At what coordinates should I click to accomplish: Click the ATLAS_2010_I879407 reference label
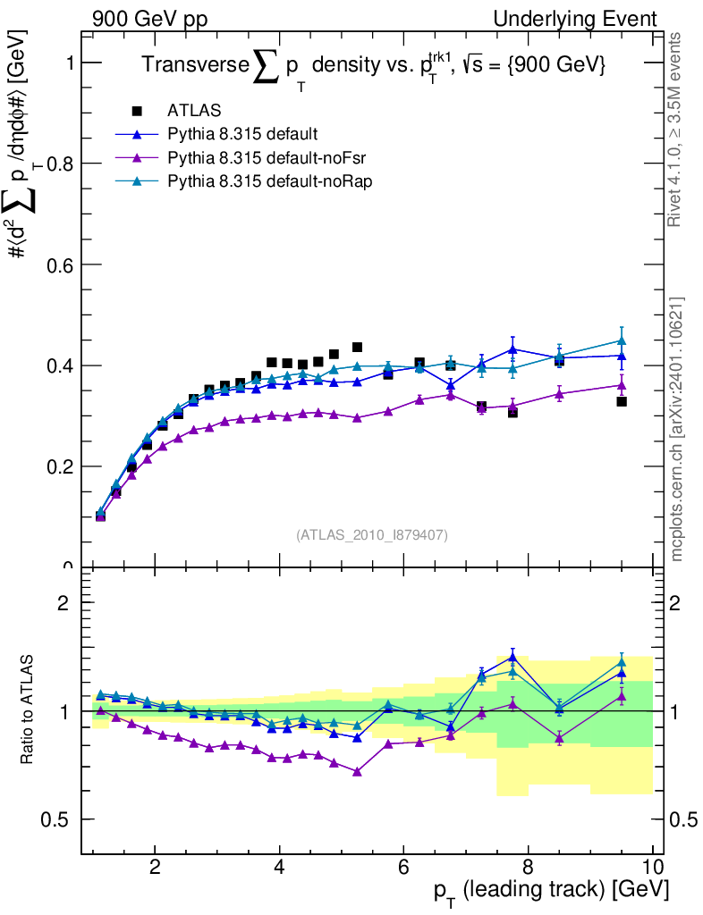pyautogui.click(x=372, y=534)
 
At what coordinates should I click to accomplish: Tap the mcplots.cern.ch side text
pyautogui.click(x=677, y=428)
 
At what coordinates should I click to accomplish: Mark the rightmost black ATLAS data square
pyautogui.click(x=622, y=401)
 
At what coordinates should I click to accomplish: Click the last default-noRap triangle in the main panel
pyautogui.click(x=622, y=340)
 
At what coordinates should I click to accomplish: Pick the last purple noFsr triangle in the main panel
pyautogui.click(x=622, y=385)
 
